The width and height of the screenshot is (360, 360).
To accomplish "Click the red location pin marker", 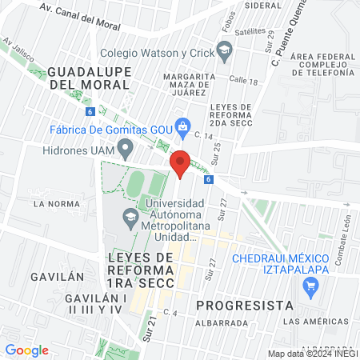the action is (181, 164).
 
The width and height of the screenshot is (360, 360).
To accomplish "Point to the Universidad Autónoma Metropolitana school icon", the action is (129, 216).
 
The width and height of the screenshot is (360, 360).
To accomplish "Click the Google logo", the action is (26, 350).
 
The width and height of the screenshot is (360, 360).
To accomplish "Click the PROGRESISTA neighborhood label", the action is (245, 305).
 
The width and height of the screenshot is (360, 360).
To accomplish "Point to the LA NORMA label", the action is (54, 204).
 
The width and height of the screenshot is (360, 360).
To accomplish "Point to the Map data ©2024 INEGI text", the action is (311, 354).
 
